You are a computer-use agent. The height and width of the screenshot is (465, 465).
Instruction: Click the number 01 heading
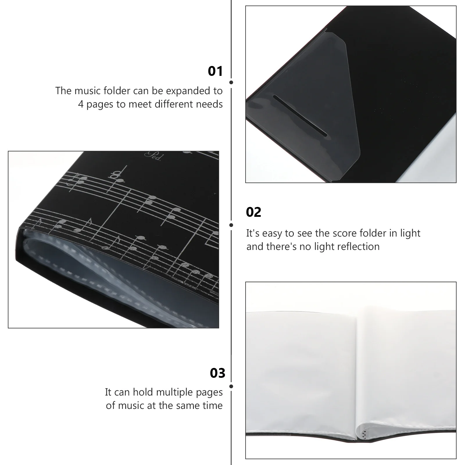(x=215, y=71)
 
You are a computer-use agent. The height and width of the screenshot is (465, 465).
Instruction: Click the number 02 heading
(x=253, y=212)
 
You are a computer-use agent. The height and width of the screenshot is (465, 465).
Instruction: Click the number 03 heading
(x=217, y=373)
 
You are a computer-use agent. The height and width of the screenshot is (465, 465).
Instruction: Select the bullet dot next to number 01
(x=231, y=82)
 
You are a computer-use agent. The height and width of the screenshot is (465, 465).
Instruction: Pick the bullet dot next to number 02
(x=231, y=225)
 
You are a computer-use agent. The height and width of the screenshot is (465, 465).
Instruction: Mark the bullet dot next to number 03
(x=231, y=387)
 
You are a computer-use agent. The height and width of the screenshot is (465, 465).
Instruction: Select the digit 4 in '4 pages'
(x=81, y=104)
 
